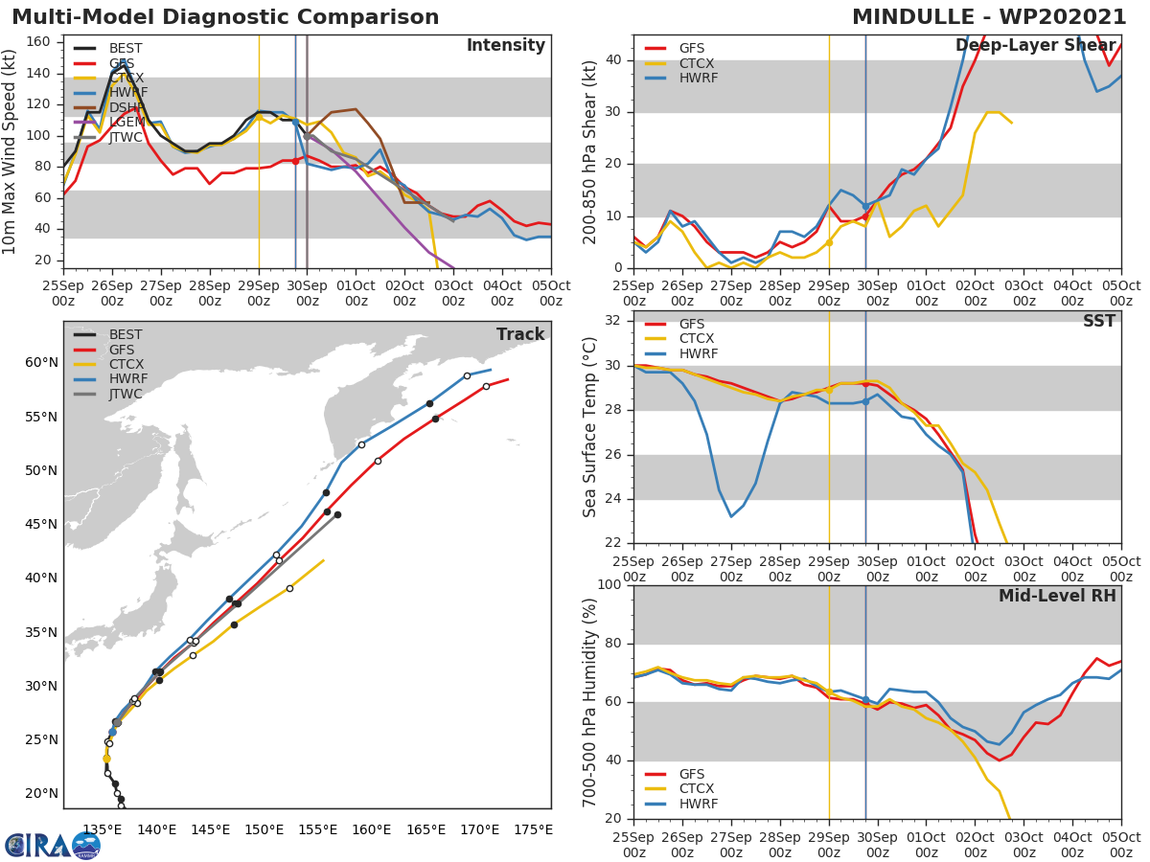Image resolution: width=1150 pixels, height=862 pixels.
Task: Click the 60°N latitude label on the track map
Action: [41, 362]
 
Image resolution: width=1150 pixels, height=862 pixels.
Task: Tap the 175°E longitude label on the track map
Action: [532, 829]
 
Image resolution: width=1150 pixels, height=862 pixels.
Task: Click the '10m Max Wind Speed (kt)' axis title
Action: [11, 151]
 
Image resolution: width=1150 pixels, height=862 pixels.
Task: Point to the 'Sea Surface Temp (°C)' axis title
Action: [590, 427]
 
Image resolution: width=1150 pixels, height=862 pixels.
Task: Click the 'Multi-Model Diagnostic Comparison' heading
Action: [225, 17]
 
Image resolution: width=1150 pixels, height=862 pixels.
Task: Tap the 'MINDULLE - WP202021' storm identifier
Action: [989, 17]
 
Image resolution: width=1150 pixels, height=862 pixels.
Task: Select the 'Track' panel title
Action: [520, 334]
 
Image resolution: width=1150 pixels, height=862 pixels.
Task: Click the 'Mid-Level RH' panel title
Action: [1057, 596]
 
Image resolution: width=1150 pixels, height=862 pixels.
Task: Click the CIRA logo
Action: [52, 845]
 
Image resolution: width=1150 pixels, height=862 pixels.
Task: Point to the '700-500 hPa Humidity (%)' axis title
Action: [590, 702]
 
